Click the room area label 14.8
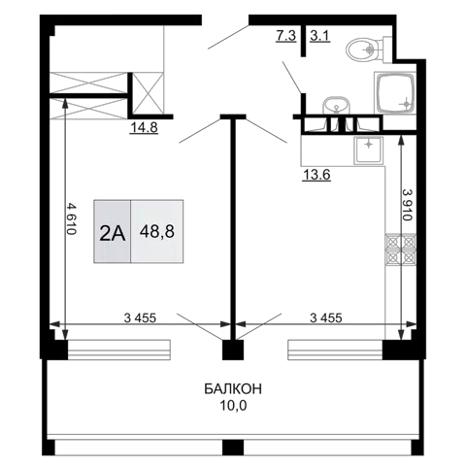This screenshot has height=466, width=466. pyautogui.click(x=144, y=127)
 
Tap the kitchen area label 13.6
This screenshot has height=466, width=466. pyautogui.click(x=316, y=175)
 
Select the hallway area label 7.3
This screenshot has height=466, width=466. pyautogui.click(x=285, y=35)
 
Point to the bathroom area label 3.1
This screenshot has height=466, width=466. pyautogui.click(x=319, y=35)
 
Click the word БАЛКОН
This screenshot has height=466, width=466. pyautogui.click(x=233, y=388)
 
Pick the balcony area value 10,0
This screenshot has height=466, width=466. pyautogui.click(x=233, y=405)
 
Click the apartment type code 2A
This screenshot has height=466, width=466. pyautogui.click(x=113, y=233)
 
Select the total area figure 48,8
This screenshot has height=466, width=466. pyautogui.click(x=157, y=232)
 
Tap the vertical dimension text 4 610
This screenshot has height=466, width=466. pyautogui.click(x=71, y=218)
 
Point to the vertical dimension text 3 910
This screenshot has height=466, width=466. pyautogui.click(x=408, y=205)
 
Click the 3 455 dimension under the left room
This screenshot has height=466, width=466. pyautogui.click(x=140, y=317)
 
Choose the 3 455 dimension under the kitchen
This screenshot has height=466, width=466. pyautogui.click(x=326, y=317)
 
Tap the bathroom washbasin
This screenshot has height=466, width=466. pyautogui.click(x=336, y=106)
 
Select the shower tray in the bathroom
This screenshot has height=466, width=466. pyautogui.click(x=395, y=93)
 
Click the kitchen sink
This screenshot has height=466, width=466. pyautogui.click(x=368, y=150)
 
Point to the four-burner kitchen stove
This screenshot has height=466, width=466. pyautogui.click(x=401, y=250)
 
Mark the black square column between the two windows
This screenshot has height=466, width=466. pyautogui.click(x=233, y=349)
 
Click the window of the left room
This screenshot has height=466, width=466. pyautogui.click(x=119, y=349)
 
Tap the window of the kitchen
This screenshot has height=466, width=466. pyautogui.click(x=335, y=349)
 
